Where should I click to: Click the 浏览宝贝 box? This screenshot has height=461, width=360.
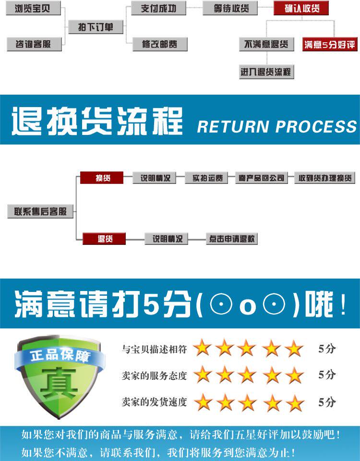click(32, 8)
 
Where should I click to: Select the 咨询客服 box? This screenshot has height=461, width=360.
click(32, 44)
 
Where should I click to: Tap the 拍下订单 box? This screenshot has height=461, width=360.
click(96, 27)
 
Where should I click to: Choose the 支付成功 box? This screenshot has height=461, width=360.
click(158, 8)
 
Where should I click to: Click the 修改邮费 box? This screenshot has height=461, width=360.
click(159, 44)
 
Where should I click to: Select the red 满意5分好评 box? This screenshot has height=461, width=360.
click(329, 45)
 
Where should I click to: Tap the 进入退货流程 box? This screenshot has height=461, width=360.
click(266, 72)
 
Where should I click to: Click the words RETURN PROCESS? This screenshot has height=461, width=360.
click(277, 127)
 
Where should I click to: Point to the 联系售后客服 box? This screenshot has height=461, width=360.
click(40, 211)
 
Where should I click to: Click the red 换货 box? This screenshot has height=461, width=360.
click(102, 178)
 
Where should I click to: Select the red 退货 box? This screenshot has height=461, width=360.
click(104, 239)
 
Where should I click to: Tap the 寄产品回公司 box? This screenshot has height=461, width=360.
click(261, 178)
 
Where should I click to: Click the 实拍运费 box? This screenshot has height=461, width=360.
click(207, 178)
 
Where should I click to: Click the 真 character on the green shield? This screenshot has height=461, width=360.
click(59, 383)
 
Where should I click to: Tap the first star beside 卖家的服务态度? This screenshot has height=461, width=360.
click(203, 375)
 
